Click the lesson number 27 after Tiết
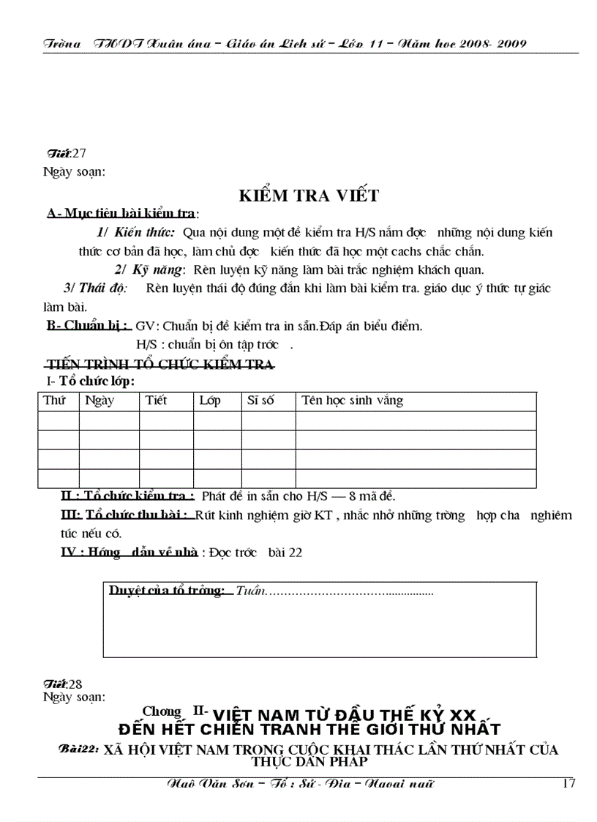[80, 153]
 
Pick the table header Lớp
[209, 400]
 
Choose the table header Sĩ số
[261, 400]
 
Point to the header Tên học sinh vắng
[352, 400]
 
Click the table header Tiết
[156, 400]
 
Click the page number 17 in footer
[568, 783]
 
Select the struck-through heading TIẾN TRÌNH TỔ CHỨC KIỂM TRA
[160, 364]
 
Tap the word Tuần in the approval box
[249, 591]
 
